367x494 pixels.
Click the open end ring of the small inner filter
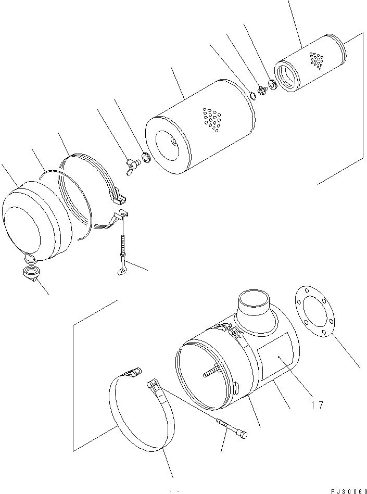coord(289,75)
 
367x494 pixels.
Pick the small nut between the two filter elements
coord(261,90)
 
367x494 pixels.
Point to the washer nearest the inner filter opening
coord(272,83)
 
